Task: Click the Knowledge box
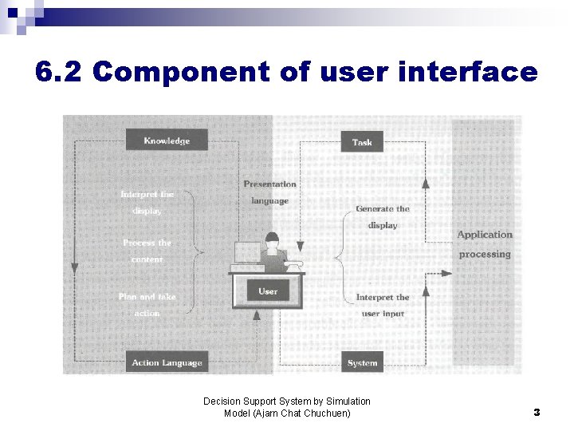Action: click(x=167, y=140)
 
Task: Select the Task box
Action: click(x=362, y=142)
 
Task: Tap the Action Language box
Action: click(x=167, y=362)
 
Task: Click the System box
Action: click(x=362, y=362)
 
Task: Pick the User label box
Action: click(x=268, y=291)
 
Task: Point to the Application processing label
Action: click(x=485, y=244)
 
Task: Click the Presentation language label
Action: click(x=269, y=192)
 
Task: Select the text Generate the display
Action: click(x=383, y=217)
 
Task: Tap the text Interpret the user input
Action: click(x=383, y=305)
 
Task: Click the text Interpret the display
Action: click(x=147, y=203)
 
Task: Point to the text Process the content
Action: click(x=147, y=251)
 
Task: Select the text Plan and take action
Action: click(x=147, y=305)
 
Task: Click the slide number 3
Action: click(x=537, y=413)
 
